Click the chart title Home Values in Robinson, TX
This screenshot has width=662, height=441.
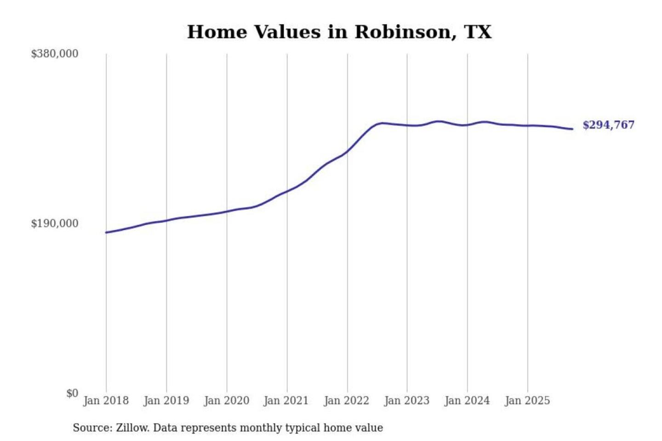pyautogui.click(x=339, y=32)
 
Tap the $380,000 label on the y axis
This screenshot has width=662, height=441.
pyautogui.click(x=55, y=54)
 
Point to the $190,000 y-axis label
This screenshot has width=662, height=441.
pyautogui.click(x=55, y=223)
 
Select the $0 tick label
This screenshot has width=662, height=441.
pyautogui.click(x=72, y=393)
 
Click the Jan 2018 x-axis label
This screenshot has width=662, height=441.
pyautogui.click(x=106, y=401)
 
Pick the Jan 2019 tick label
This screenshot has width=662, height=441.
pyautogui.click(x=166, y=401)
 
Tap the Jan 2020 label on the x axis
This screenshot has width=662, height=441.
pyautogui.click(x=226, y=401)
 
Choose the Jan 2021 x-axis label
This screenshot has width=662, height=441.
pyautogui.click(x=286, y=401)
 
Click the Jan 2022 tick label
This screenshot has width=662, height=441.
pyautogui.click(x=347, y=401)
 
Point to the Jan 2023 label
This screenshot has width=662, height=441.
pyautogui.click(x=406, y=401)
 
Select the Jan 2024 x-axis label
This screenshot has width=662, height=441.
pyautogui.click(x=467, y=401)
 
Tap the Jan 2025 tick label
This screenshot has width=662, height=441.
pyautogui.click(x=527, y=401)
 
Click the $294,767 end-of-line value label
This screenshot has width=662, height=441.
pyautogui.click(x=608, y=125)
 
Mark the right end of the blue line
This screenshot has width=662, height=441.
pyautogui.click(x=572, y=129)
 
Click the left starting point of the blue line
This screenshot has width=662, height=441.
pyautogui.click(x=106, y=232)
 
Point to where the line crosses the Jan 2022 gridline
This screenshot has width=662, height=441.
pyautogui.click(x=348, y=150)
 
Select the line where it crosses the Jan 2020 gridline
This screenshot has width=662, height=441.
pyautogui.click(x=227, y=211)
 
